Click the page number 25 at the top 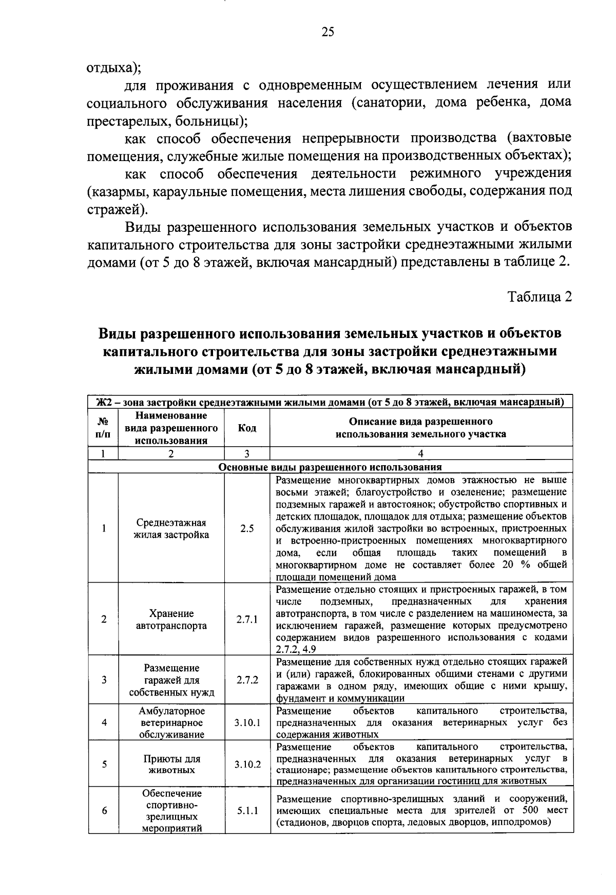(328, 32)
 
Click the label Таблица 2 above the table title (540, 296)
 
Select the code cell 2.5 (247, 529)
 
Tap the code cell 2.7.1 (247, 620)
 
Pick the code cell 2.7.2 (247, 680)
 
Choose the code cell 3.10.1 (247, 723)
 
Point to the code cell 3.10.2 (247, 764)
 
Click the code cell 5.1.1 (247, 811)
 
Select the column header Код (247, 428)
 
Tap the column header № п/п (103, 428)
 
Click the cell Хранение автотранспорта (171, 620)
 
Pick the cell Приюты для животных (171, 764)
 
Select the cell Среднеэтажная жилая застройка (171, 529)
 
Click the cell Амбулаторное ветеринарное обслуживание (171, 723)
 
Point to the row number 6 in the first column (104, 811)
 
